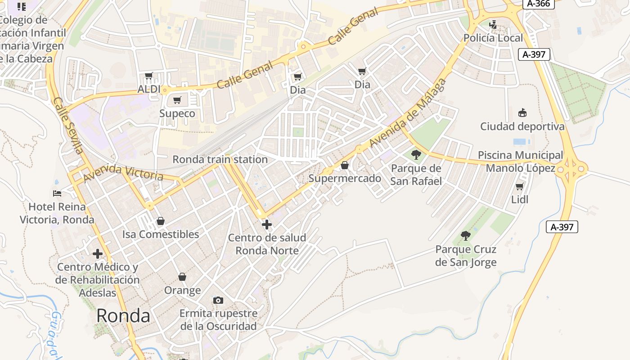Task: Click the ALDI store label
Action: (148, 89)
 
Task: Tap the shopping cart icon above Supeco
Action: (177, 100)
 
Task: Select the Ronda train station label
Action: (220, 159)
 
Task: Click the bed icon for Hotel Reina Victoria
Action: (57, 193)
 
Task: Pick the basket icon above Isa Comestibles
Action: (161, 221)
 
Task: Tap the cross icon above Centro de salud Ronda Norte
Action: (267, 224)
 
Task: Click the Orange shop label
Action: (182, 290)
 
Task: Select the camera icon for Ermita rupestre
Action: (218, 300)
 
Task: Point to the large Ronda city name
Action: (123, 316)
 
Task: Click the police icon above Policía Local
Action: (493, 24)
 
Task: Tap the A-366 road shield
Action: (538, 4)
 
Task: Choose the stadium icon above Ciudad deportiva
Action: (522, 112)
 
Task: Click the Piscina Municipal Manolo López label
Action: (520, 162)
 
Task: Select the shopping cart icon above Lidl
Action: (520, 186)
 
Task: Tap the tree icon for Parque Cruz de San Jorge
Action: (466, 235)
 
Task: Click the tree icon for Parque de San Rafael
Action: (416, 155)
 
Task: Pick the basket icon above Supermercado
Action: (345, 165)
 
